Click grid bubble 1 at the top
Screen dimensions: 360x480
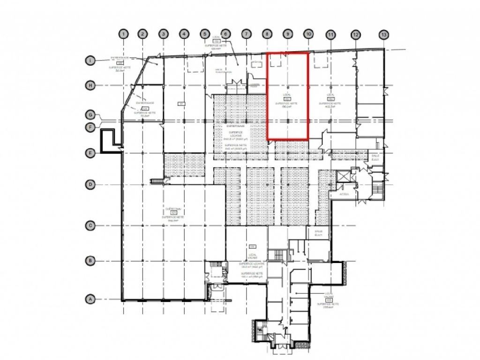point(123,34)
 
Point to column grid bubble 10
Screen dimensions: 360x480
point(308,34)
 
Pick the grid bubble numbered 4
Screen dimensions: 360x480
point(184,34)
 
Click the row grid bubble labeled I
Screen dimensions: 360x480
point(90,60)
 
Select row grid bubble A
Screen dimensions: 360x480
point(90,299)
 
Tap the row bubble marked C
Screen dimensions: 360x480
point(90,225)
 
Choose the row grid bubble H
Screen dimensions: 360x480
point(90,85)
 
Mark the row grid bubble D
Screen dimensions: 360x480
point(90,184)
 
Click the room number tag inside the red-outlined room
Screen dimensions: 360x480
point(287,98)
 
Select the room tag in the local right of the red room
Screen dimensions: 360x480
point(331,98)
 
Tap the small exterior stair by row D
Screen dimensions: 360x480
point(157,181)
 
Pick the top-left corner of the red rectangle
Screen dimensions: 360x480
point(267,53)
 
